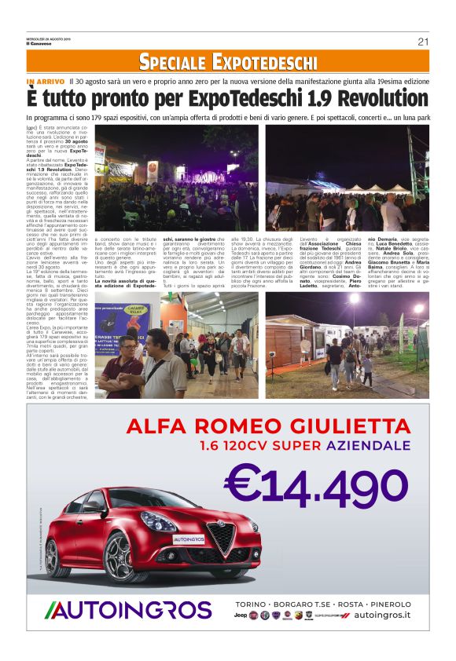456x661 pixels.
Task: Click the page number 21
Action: pyautogui.click(x=423, y=42)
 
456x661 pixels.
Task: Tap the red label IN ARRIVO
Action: pyautogui.click(x=45, y=81)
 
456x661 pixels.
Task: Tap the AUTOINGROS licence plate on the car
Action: pyautogui.click(x=189, y=540)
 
